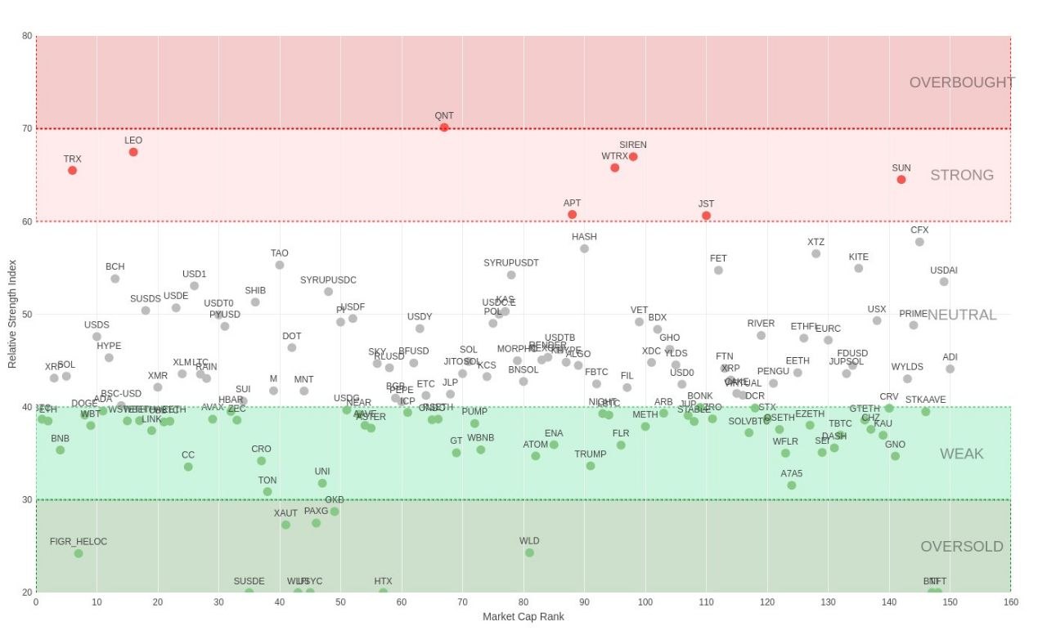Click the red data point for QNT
pos(444,127)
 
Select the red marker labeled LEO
pos(133,152)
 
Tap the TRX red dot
pos(73,171)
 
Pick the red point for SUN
pos(901,180)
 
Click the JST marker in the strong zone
pos(706,216)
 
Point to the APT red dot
pos(573,215)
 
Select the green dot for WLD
pos(529,553)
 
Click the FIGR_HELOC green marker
pos(79,554)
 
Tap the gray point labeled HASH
pos(584,248)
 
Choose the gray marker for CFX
pos(919,242)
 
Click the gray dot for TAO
pos(280,265)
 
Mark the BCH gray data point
pos(115,279)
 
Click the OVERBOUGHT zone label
pos(962,83)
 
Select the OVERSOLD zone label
pos(962,547)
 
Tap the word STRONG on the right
pos(962,175)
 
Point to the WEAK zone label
pos(962,454)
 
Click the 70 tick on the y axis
pos(27,128)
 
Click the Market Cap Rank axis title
pos(523,617)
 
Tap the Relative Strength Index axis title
pos(12,313)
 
